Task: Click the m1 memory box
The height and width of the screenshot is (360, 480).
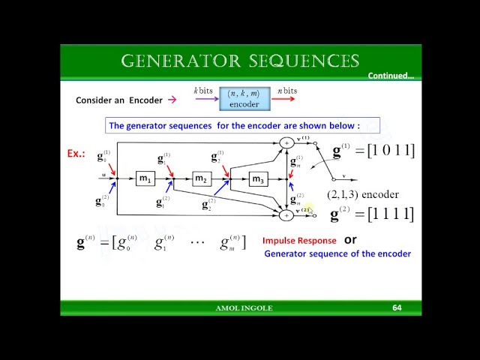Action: [x=145, y=178]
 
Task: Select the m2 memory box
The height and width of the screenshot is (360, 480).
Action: [x=201, y=178]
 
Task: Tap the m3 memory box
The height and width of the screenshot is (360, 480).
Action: [x=258, y=178]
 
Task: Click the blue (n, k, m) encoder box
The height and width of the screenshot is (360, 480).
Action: [x=244, y=98]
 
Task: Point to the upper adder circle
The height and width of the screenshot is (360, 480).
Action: [x=286, y=142]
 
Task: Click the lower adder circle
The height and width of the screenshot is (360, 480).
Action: [x=286, y=215]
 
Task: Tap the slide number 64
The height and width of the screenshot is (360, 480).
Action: [x=397, y=307]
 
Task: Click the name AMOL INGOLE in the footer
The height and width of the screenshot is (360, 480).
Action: [x=244, y=308]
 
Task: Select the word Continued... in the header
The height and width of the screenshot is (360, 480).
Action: [x=391, y=76]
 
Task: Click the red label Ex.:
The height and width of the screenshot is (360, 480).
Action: [x=76, y=154]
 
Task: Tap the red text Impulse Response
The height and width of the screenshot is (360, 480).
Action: [x=298, y=241]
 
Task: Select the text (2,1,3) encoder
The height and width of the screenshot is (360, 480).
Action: [x=363, y=194]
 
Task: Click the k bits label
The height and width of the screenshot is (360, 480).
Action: [x=203, y=91]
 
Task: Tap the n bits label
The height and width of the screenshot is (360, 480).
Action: [x=286, y=91]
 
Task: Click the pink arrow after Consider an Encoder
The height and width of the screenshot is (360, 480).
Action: [x=172, y=100]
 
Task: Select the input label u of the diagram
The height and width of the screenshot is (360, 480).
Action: [x=103, y=175]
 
